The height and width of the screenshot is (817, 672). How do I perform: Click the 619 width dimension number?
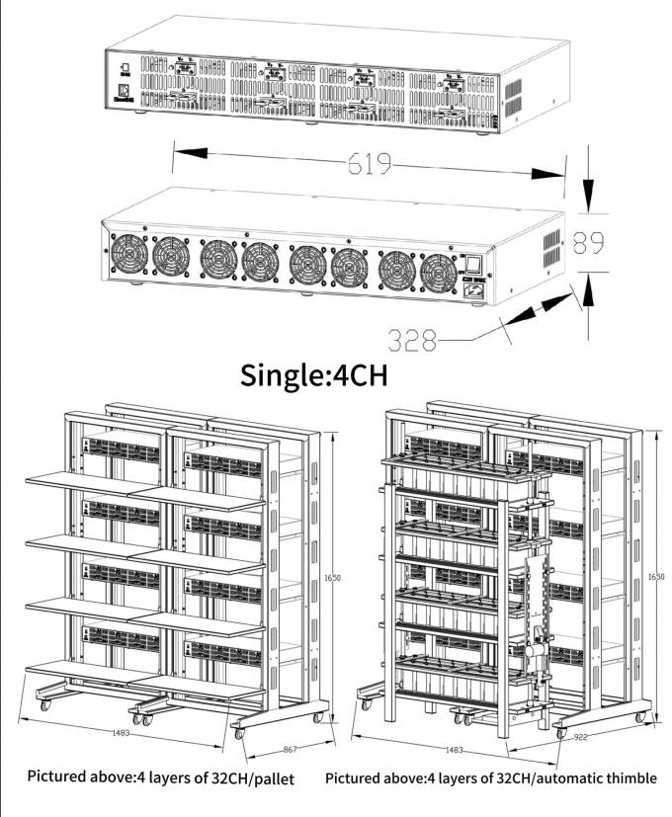click(370, 164)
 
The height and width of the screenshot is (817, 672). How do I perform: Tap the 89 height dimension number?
click(590, 244)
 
